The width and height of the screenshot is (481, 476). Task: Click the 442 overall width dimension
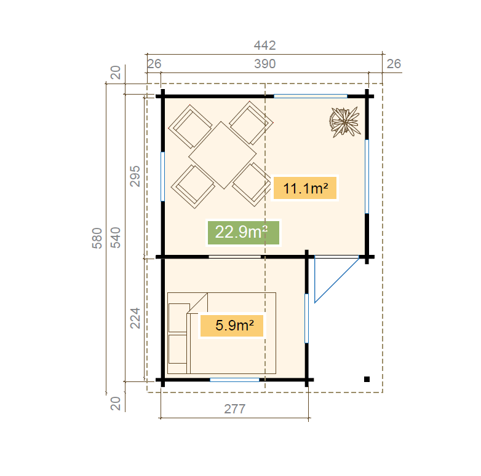pos(264,45)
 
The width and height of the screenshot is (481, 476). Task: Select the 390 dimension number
pos(264,64)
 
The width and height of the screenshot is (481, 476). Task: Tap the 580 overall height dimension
pos(97,238)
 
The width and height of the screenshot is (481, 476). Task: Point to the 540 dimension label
pos(116,238)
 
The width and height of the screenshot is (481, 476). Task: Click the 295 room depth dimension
pos(135,176)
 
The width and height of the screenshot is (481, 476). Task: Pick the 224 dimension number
pos(135,318)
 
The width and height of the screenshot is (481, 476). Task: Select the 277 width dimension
pos(235,409)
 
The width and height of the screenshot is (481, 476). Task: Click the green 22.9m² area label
pos(244,233)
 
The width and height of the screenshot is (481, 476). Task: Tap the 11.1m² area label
pos(305,188)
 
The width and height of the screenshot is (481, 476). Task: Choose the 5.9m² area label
pos(232,326)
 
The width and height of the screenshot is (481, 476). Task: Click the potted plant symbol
pos(345,122)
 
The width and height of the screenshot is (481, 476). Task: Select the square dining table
pos(223,155)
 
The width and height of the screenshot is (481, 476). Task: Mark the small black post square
pos(367,379)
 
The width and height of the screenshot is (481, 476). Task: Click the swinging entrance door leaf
pos(337,280)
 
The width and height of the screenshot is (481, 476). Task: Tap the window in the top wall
pos(311,96)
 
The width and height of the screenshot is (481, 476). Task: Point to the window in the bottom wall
pos(235,380)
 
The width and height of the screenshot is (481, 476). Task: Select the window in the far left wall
pos(162,176)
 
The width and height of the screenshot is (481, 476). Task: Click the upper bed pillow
pos(179,318)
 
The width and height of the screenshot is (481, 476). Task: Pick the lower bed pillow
pos(178,349)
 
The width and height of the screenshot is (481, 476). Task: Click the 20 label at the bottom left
pos(116,404)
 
